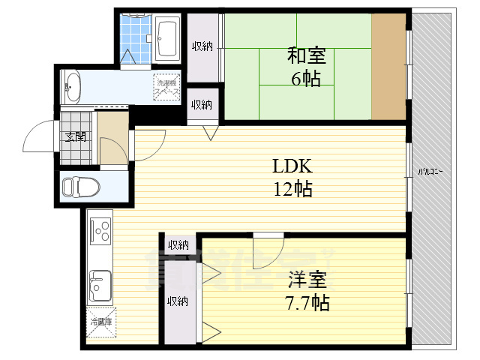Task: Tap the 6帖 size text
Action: pos(305,78)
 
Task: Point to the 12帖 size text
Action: pos(292,188)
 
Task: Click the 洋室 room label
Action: pos(307,282)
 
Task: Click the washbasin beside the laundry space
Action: pos(72,85)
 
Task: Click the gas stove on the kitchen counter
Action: pos(99,229)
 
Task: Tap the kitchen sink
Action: pos(98,283)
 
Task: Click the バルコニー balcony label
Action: pos(430,172)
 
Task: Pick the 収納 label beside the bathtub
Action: pos(202,46)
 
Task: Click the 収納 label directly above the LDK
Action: pos(201,105)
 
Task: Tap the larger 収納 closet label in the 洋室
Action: pos(178,301)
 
